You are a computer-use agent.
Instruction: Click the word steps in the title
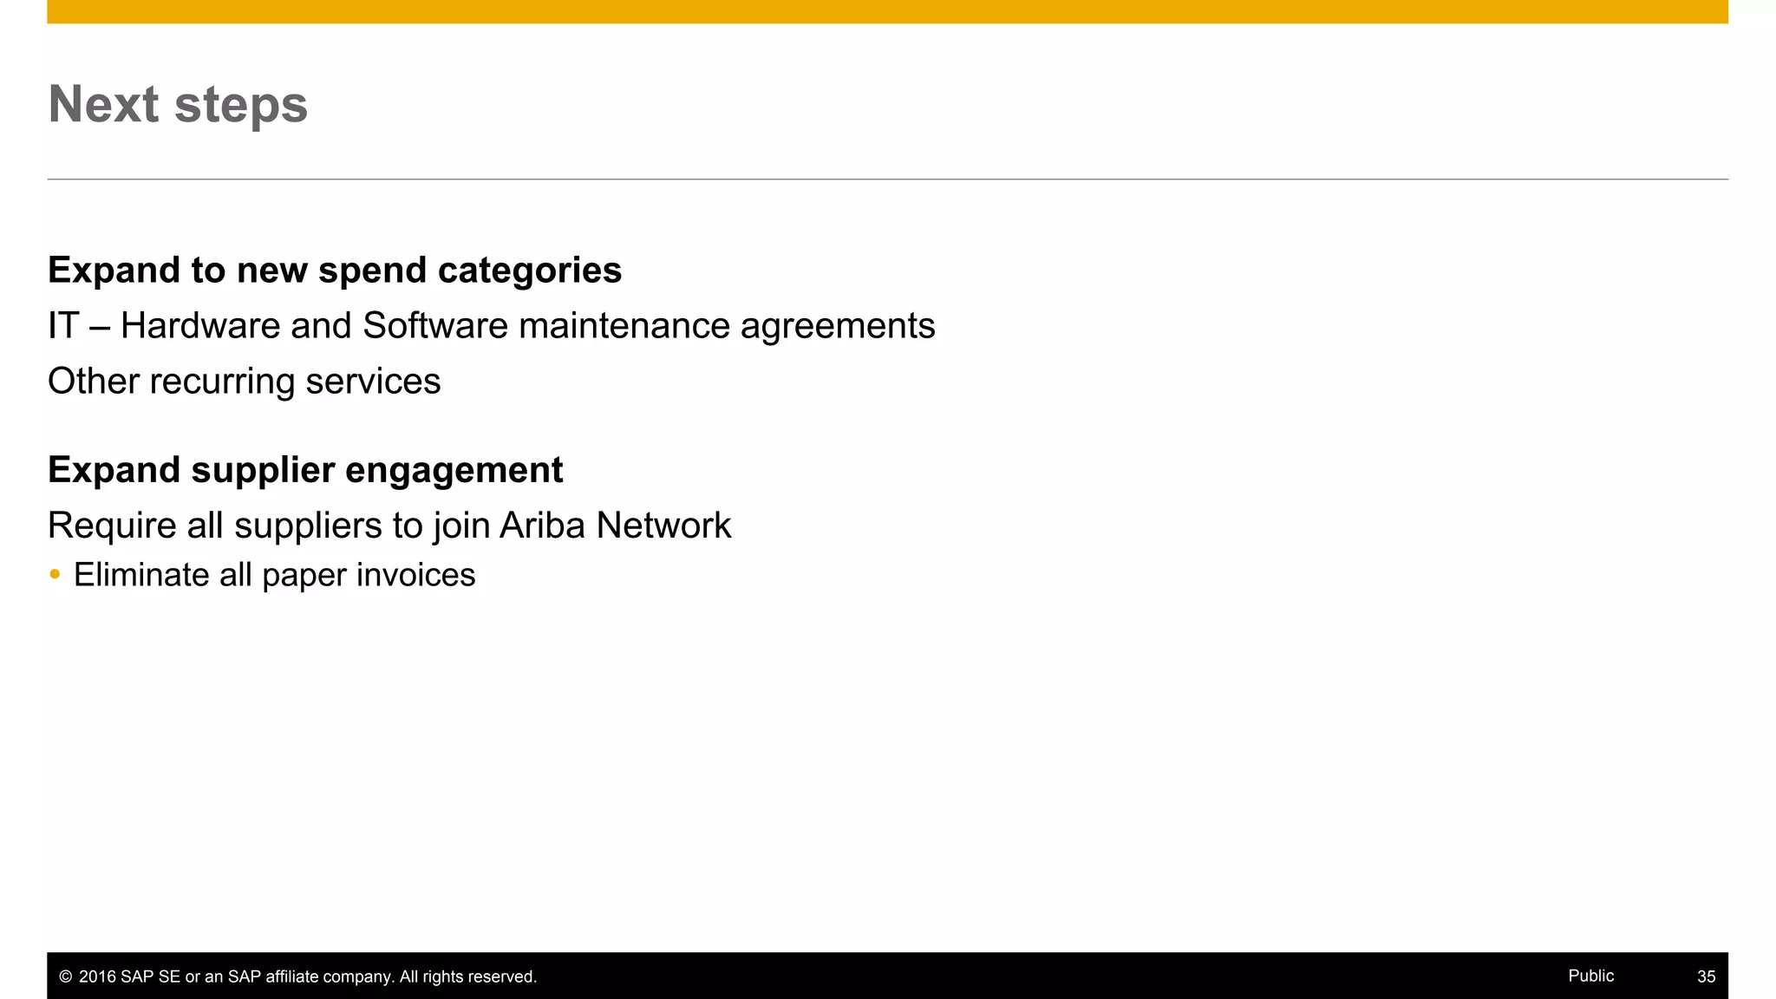click(241, 106)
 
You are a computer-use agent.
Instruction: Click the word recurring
click(222, 382)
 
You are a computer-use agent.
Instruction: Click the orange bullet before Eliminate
click(55, 574)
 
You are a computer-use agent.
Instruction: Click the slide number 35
click(1706, 976)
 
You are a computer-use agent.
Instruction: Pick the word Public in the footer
click(1590, 976)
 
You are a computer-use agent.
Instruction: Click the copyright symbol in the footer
click(65, 977)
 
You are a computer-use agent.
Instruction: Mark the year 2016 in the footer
click(97, 977)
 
